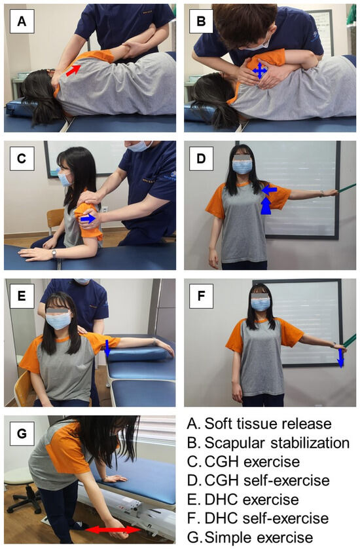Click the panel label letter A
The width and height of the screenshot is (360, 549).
[x=22, y=22]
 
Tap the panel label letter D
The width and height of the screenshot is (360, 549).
[x=201, y=159]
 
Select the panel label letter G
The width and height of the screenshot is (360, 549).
[x=22, y=434]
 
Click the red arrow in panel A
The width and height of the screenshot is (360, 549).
[x=73, y=69]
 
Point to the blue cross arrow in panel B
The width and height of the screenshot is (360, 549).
[x=260, y=70]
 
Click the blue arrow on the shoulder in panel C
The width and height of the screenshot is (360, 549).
[x=88, y=219]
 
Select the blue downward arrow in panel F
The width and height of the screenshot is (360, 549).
[x=340, y=358]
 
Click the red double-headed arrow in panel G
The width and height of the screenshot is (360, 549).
[x=113, y=530]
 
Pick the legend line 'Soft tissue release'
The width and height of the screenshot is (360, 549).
[x=259, y=424]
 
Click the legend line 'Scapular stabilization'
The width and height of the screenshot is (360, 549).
[x=268, y=443]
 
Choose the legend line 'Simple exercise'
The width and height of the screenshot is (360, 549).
[x=250, y=537]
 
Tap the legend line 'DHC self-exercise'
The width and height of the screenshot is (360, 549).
[x=258, y=518]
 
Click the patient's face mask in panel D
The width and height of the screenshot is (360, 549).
[x=242, y=166]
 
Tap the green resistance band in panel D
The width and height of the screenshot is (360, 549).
[x=346, y=189]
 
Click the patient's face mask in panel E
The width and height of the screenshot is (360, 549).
[x=58, y=320]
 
